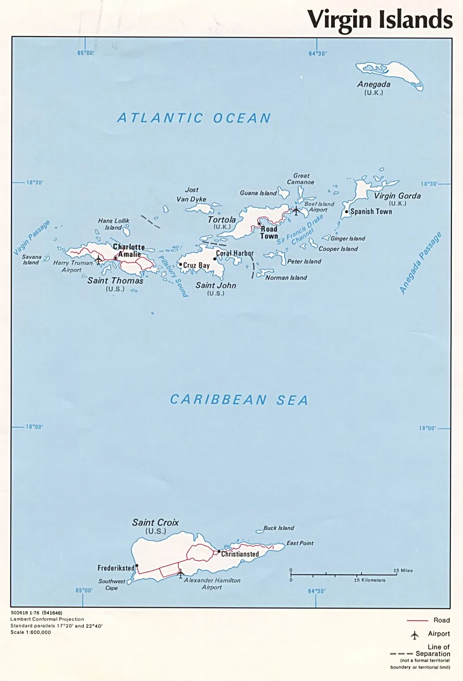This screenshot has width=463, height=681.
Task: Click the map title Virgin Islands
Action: [380, 20]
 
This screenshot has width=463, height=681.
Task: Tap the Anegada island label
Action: [374, 84]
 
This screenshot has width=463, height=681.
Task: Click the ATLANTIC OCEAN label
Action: [194, 118]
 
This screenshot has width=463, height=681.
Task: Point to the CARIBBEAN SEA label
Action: [239, 399]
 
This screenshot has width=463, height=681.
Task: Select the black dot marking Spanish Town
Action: [346, 212]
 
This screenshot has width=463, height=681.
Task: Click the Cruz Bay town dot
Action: [181, 265]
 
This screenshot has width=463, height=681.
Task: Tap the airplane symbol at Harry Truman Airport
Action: [99, 259]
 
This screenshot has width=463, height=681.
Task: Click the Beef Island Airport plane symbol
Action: [296, 210]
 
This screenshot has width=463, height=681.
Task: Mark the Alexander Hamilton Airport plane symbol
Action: [180, 572]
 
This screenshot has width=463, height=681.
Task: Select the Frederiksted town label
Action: [116, 568]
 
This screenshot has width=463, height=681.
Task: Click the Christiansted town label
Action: [240, 554]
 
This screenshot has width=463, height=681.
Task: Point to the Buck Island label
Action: [278, 528]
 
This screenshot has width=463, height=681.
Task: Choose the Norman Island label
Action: [286, 278]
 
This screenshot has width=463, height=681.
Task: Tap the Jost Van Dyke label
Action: [191, 194]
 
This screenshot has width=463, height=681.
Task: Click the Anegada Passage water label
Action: [420, 263]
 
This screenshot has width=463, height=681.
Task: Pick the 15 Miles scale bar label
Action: [403, 571]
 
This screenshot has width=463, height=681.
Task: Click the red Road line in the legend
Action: [417, 621]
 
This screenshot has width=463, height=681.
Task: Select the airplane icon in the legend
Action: [415, 635]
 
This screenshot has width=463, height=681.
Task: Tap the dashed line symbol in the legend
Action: [401, 654]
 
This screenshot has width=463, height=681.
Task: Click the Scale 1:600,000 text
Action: [31, 632]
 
